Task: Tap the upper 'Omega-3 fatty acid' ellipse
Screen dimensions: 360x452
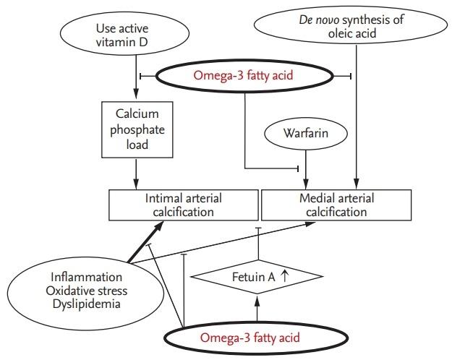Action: [x=246, y=75]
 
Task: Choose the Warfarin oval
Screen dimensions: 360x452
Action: [x=304, y=134]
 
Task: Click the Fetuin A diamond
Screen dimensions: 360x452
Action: [x=253, y=277]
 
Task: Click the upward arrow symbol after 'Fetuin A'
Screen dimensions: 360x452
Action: [x=286, y=277]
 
